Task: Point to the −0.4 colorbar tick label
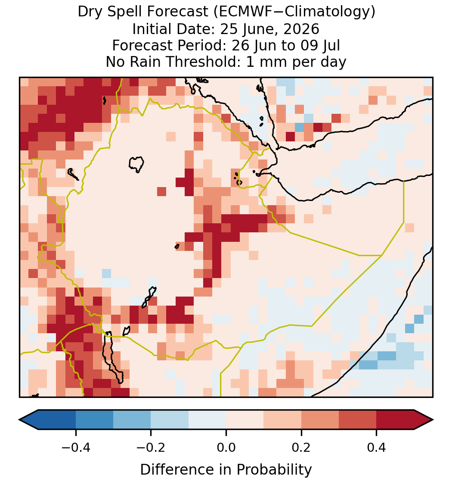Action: click(x=75, y=447)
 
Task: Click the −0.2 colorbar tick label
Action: click(x=151, y=447)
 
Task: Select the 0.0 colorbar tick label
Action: click(x=226, y=447)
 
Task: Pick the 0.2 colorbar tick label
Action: click(x=301, y=447)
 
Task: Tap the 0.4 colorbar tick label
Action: click(x=377, y=447)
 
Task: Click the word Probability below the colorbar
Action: click(x=274, y=470)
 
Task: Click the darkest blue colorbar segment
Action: click(x=57, y=420)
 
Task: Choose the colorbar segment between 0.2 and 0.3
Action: click(x=320, y=420)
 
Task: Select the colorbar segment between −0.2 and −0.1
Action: click(x=170, y=420)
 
